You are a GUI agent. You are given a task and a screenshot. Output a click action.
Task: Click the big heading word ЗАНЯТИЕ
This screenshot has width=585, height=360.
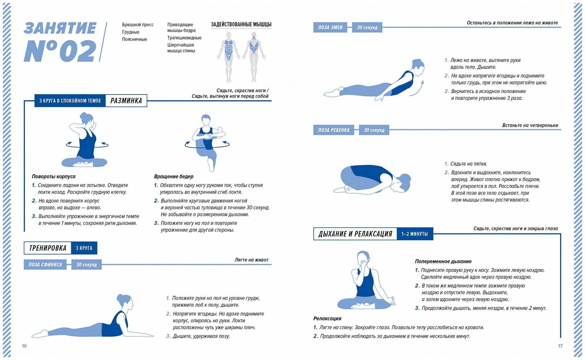60,28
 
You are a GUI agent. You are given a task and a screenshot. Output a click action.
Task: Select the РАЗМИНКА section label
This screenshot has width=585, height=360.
126,101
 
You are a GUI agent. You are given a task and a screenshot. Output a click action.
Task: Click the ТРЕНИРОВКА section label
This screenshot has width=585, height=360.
48,248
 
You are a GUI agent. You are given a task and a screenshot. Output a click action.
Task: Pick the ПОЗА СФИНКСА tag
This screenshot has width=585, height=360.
45,265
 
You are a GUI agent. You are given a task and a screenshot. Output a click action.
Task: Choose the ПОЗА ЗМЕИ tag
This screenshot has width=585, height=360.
330,28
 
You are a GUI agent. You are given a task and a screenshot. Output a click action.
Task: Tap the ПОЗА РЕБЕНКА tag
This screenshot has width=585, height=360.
333,130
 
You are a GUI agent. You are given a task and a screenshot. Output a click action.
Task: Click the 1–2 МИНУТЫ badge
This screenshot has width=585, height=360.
414,234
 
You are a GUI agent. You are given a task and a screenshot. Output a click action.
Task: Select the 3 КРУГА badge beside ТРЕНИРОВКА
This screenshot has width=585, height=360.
84,248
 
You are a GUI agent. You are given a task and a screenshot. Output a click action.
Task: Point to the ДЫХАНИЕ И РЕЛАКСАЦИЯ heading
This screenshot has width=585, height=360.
355,234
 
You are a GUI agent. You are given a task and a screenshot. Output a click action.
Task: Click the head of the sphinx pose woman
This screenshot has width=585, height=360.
125,301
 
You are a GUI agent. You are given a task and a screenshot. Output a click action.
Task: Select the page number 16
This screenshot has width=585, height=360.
24,346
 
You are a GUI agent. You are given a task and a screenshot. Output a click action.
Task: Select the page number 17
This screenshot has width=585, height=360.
560,346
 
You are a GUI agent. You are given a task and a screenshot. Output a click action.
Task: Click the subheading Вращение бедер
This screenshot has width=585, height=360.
174,176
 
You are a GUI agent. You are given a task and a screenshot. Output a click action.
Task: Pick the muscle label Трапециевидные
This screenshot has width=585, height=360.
184,38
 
